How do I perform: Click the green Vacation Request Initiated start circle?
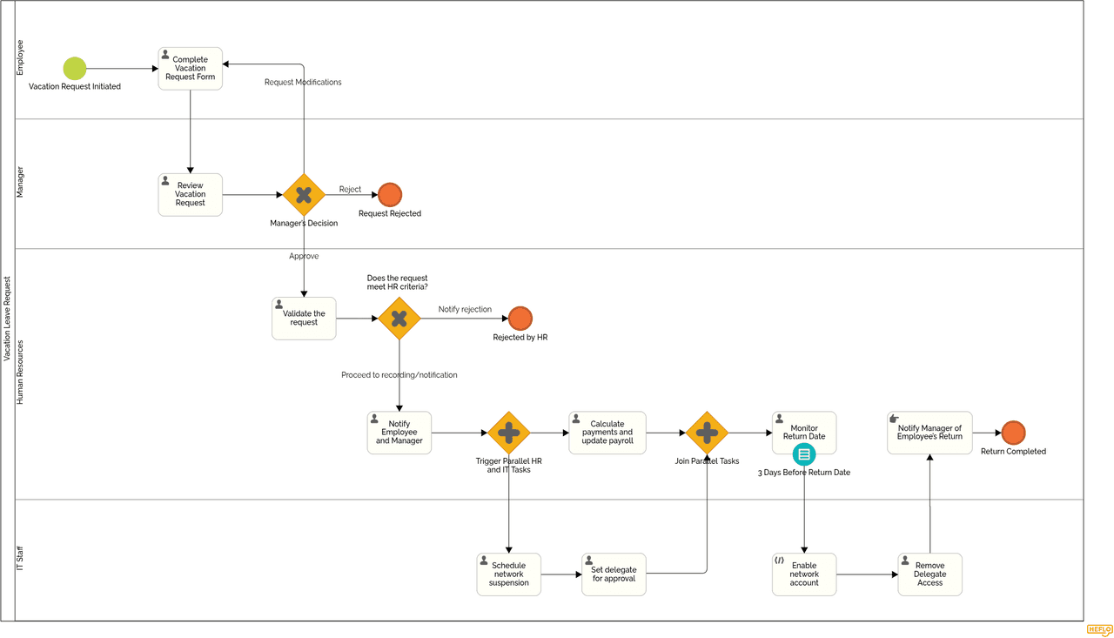click(x=75, y=68)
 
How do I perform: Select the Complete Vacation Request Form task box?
click(x=190, y=69)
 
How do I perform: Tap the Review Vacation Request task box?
click(x=190, y=194)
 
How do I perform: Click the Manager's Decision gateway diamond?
click(x=304, y=195)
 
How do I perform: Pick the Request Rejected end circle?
click(x=390, y=195)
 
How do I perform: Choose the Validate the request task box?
click(x=304, y=319)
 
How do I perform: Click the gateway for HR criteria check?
click(x=399, y=319)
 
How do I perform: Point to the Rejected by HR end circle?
click(x=520, y=319)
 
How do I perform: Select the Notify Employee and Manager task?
click(x=399, y=433)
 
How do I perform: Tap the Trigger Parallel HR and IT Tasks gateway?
click(x=509, y=433)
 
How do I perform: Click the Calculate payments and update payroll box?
click(x=607, y=433)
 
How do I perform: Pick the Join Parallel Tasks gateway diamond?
click(x=707, y=433)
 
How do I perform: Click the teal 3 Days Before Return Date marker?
click(x=804, y=454)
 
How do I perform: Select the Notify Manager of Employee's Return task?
click(x=929, y=433)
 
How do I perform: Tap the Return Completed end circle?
click(x=1013, y=433)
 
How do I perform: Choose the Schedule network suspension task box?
click(x=509, y=574)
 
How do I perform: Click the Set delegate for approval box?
click(x=614, y=574)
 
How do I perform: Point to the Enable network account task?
click(x=804, y=574)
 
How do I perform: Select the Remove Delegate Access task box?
click(x=929, y=574)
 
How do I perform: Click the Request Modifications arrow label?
click(x=303, y=83)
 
